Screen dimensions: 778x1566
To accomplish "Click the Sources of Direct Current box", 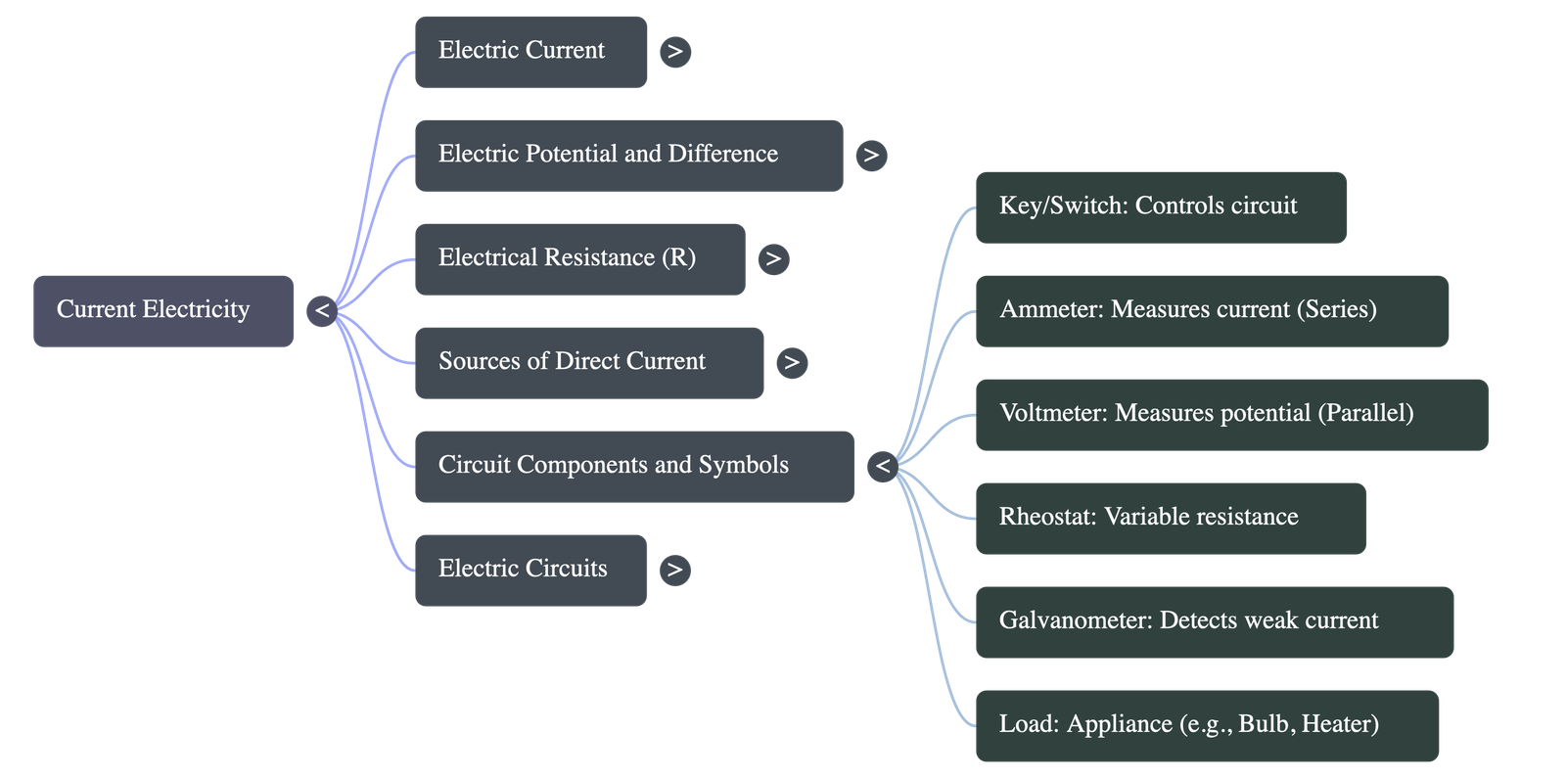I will click(588, 362).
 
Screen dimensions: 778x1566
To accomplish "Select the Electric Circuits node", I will click(530, 570).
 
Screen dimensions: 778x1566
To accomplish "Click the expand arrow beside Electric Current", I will click(674, 51).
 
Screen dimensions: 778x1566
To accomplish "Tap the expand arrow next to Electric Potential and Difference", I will click(870, 155).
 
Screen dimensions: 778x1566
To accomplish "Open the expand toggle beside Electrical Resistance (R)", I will click(773, 258).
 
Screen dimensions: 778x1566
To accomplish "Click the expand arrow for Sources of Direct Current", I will click(791, 362).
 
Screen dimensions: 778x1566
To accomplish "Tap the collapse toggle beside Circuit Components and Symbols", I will click(882, 466).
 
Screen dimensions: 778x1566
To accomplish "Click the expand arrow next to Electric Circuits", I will click(673, 570).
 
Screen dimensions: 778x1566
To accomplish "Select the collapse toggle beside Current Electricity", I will click(321, 311).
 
